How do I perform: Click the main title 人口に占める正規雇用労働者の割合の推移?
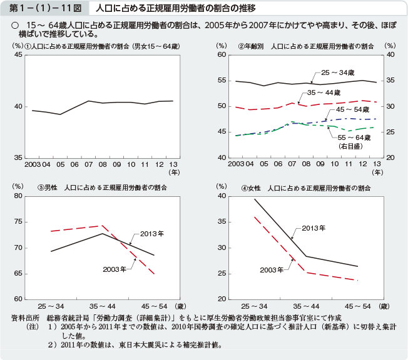click(x=175, y=9)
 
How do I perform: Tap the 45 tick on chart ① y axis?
click(x=18, y=55)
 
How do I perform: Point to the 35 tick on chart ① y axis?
click(x=18, y=157)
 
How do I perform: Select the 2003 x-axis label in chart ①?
click(x=32, y=164)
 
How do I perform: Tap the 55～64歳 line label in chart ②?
click(x=355, y=137)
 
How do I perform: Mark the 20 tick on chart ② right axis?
click(x=390, y=157)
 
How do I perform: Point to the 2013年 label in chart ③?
click(x=152, y=234)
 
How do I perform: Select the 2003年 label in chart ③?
click(x=115, y=269)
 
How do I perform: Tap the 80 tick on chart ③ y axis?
click(x=18, y=196)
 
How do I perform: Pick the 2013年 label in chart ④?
click(x=314, y=228)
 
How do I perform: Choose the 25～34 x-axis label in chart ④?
click(x=254, y=306)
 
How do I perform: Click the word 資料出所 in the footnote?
click(x=26, y=318)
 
